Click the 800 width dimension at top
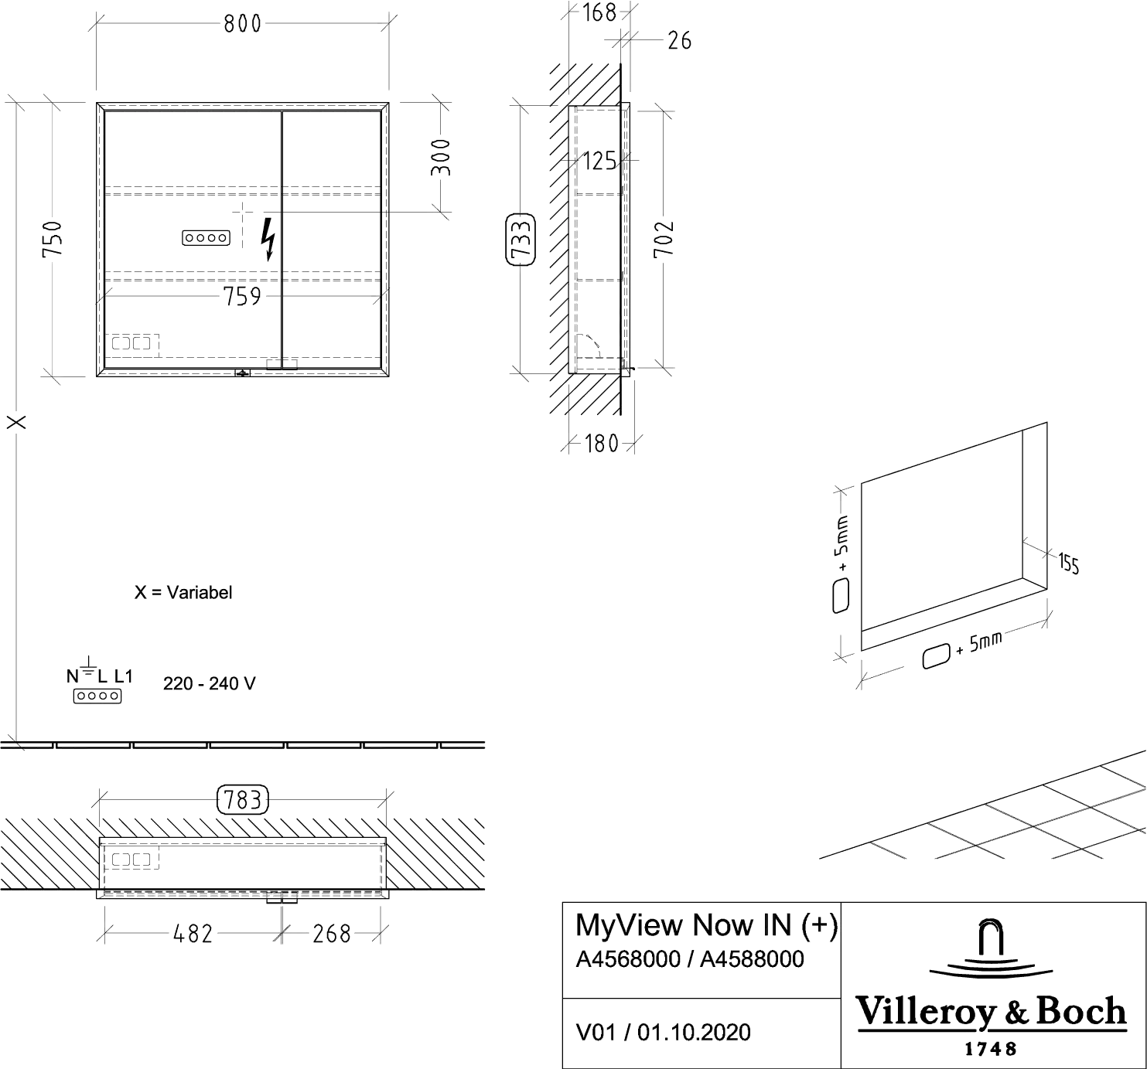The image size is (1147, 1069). (242, 24)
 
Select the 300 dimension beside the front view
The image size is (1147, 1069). (442, 157)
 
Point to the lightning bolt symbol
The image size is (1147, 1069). (268, 239)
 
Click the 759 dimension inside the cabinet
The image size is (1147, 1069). (241, 297)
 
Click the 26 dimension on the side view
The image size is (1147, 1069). (678, 39)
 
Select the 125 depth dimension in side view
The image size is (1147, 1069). (600, 162)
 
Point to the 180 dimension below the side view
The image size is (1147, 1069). (602, 444)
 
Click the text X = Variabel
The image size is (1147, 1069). (183, 593)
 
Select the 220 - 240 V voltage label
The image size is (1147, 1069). (210, 683)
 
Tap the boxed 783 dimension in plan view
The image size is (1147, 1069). (244, 800)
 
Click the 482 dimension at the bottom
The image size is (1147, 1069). (193, 934)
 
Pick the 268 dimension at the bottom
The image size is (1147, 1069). (332, 934)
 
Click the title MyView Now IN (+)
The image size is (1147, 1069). (706, 925)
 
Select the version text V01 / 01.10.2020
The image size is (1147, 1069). (663, 1032)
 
